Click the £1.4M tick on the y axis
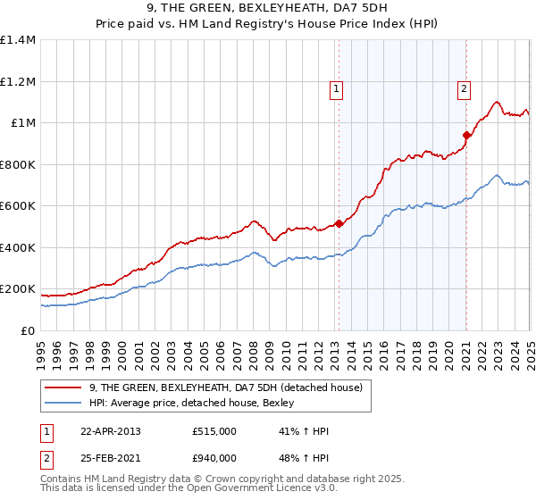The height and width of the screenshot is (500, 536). click(x=18, y=40)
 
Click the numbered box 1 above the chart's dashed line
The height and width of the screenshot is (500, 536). click(x=337, y=88)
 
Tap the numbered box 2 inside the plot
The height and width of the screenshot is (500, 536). click(x=465, y=88)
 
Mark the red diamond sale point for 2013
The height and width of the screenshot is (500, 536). click(x=339, y=224)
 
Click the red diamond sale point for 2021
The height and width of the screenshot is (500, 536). click(x=466, y=136)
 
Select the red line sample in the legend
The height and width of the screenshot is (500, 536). click(x=64, y=387)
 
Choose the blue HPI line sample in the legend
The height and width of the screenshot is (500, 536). click(x=64, y=402)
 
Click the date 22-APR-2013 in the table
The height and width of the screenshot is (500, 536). click(x=110, y=431)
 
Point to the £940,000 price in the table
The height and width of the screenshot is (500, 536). click(x=214, y=457)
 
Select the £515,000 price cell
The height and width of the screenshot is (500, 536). click(x=214, y=431)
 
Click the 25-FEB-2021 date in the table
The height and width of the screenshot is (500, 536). click(x=110, y=457)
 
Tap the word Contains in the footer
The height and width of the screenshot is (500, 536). click(x=61, y=479)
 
